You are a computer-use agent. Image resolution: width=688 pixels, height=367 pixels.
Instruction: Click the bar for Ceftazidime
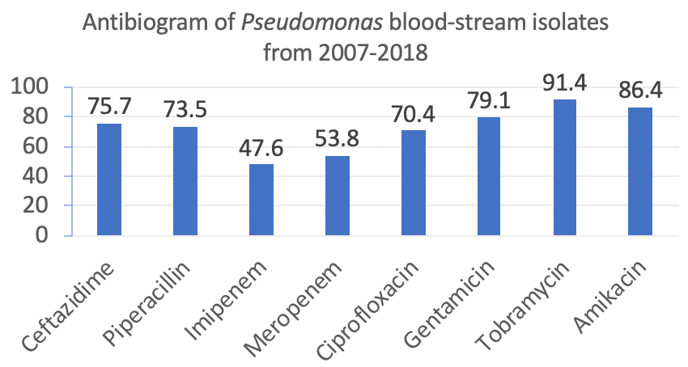[x=109, y=179]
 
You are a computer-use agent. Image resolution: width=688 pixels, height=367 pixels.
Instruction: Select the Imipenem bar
[x=261, y=200]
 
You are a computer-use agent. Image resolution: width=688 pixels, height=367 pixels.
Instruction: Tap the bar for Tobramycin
[x=564, y=167]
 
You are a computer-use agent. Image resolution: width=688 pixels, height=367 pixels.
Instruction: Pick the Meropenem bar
[x=338, y=196]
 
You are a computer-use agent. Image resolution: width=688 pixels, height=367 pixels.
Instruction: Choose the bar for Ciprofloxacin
[x=414, y=183]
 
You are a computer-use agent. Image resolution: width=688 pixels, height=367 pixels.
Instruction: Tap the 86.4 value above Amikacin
[x=639, y=90]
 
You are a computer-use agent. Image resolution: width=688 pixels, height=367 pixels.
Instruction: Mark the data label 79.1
[x=489, y=101]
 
